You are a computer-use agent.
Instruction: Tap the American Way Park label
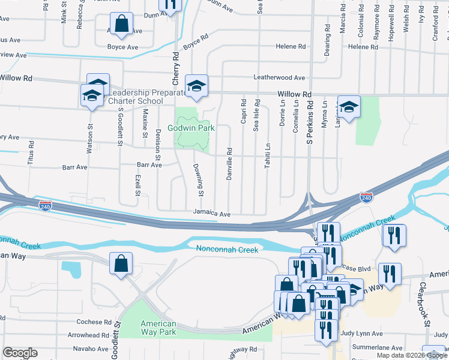[158, 328]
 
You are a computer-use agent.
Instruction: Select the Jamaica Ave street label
[212, 214]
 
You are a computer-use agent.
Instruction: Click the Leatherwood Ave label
[279, 77]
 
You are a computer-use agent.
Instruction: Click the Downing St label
[201, 179]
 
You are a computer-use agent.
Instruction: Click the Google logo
[20, 353]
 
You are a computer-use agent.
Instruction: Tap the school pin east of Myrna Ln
[349, 107]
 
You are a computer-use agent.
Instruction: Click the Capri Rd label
[243, 112]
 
